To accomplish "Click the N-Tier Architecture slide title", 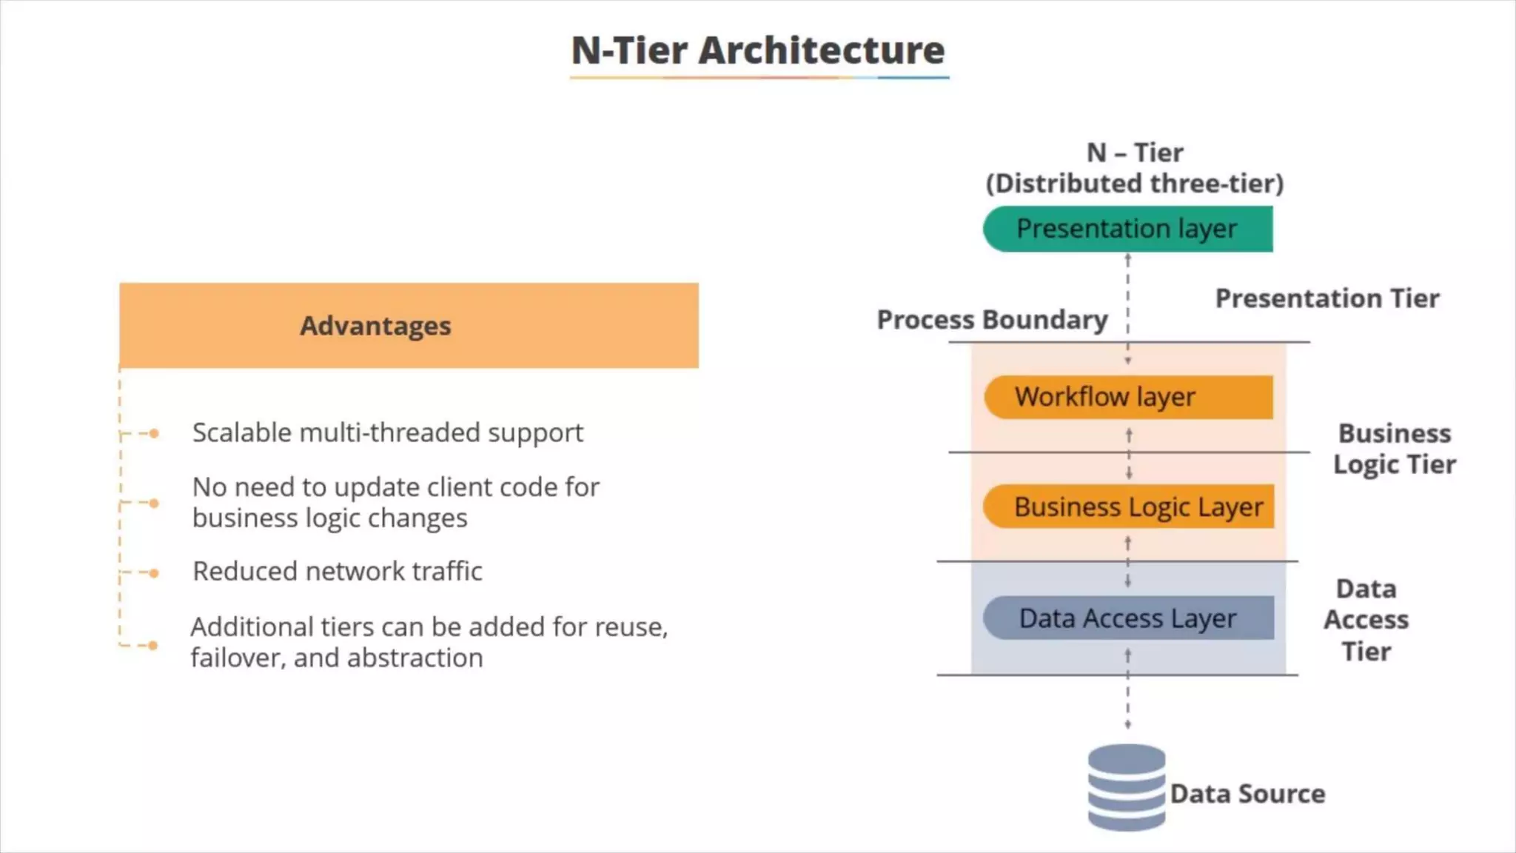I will [758, 50].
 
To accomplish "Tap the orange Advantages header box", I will [409, 326].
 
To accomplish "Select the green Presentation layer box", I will [1127, 229].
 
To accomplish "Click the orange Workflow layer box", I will [1128, 397].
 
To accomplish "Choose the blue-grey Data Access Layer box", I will [1128, 618].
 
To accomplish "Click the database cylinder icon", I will [1126, 787].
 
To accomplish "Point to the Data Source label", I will [1247, 794].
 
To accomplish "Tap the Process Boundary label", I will [992, 320].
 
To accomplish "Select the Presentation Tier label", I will [1327, 298].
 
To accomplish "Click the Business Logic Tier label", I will [1395, 449].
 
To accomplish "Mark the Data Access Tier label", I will [1366, 620].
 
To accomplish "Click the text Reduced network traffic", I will [338, 572].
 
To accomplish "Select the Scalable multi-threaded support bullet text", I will [388, 432].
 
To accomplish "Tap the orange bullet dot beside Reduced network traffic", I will [153, 573].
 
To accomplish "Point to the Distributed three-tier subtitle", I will [1134, 184].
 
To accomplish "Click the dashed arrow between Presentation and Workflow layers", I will [1127, 307].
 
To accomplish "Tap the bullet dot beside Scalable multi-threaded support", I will [153, 433].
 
